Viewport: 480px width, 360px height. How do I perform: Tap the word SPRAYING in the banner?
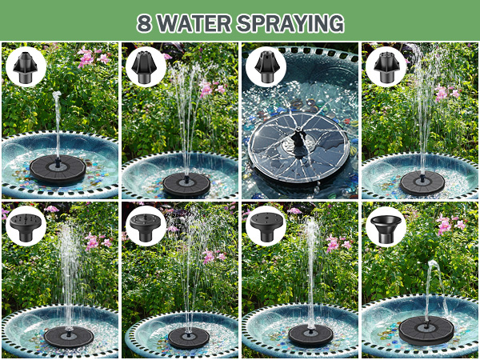click(x=295, y=22)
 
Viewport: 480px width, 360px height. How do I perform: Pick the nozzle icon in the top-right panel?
click(x=386, y=66)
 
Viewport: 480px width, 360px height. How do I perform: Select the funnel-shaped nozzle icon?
click(x=386, y=226)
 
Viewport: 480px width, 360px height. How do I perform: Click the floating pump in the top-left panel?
click(x=57, y=169)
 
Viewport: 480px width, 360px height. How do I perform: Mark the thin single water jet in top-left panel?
click(x=57, y=120)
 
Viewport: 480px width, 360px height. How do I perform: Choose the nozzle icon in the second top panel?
click(x=146, y=66)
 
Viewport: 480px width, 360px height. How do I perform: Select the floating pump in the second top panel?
click(x=186, y=184)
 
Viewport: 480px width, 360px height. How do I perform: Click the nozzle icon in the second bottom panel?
click(x=146, y=226)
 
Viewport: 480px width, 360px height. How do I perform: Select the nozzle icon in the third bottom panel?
click(x=266, y=226)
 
